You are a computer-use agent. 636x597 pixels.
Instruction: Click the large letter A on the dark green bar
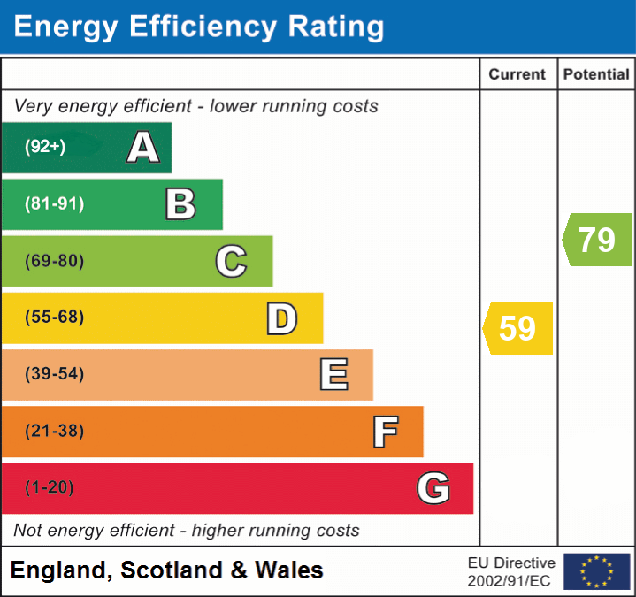[143, 148]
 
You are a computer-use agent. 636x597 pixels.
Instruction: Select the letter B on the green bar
[180, 204]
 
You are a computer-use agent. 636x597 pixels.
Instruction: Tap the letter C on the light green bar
[231, 261]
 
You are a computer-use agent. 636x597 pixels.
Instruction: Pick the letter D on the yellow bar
[281, 318]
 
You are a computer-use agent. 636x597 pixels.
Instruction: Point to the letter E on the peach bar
[333, 374]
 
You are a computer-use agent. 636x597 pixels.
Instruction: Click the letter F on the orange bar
[384, 432]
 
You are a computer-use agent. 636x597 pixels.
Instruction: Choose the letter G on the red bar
[433, 488]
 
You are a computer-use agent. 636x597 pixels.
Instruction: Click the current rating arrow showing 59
[518, 328]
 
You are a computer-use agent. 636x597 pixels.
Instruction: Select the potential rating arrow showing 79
[598, 240]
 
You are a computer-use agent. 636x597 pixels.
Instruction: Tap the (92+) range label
[45, 147]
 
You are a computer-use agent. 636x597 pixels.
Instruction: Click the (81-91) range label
[55, 204]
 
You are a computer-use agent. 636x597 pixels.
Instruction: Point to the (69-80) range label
[55, 261]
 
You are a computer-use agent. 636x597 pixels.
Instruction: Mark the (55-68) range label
[55, 318]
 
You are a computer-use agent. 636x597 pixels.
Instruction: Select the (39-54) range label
[55, 374]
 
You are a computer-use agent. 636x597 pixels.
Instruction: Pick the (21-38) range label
[55, 432]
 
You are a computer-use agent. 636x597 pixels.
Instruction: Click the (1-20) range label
[50, 488]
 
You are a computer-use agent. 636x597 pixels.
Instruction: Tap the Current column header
[517, 75]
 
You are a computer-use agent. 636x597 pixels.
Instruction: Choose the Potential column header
[596, 75]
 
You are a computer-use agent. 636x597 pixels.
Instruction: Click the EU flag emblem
[596, 571]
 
